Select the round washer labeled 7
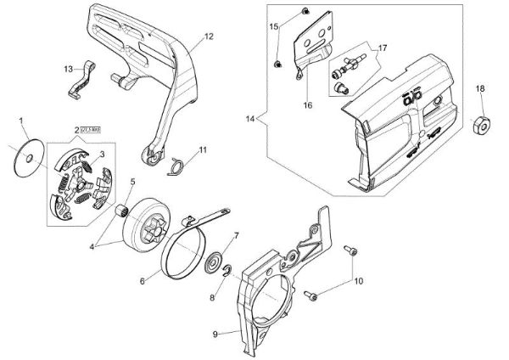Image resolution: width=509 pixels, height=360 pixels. coord(216,259)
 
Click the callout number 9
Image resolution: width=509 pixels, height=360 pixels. coord(215,334)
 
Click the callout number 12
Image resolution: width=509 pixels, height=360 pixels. coord(209,37)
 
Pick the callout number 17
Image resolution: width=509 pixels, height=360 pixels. coord(383,48)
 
